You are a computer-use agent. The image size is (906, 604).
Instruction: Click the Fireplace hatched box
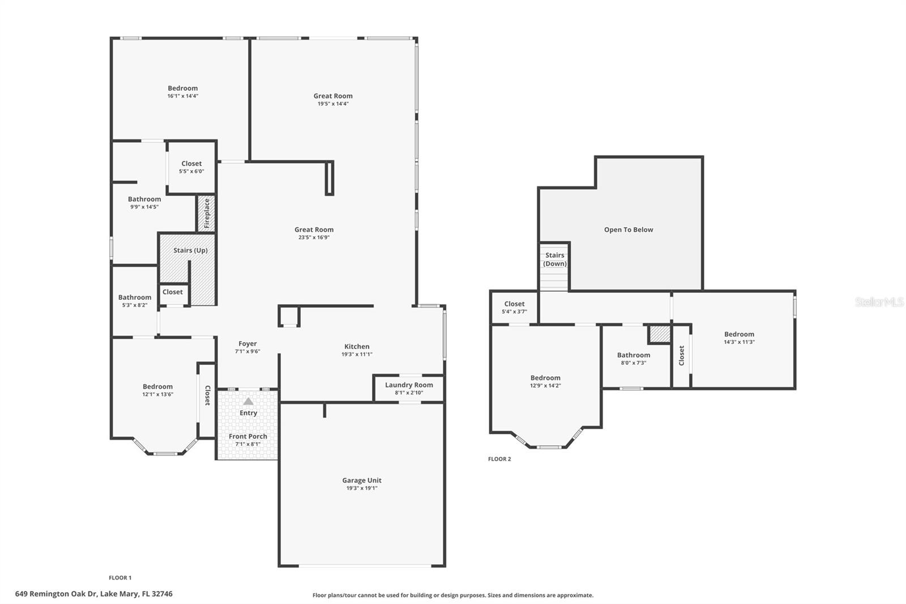point(206,214)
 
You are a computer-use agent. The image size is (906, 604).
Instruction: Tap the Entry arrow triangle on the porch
point(248,401)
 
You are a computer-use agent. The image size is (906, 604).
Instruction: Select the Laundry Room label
point(409,385)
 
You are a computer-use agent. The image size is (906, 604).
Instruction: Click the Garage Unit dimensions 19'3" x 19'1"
point(362,488)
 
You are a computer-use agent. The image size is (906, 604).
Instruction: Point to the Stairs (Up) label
point(190,250)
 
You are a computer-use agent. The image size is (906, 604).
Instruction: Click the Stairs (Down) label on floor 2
point(555,260)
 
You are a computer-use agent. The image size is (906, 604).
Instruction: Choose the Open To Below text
point(629,230)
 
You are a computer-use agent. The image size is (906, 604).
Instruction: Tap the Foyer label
point(247,344)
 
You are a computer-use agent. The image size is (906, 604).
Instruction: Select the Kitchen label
point(357,347)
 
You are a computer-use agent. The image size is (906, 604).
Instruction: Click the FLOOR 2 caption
point(499,459)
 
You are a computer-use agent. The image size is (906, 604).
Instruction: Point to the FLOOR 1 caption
point(120,578)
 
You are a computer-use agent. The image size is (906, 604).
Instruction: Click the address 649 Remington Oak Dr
point(94,594)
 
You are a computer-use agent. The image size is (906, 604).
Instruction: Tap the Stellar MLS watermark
point(879,302)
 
